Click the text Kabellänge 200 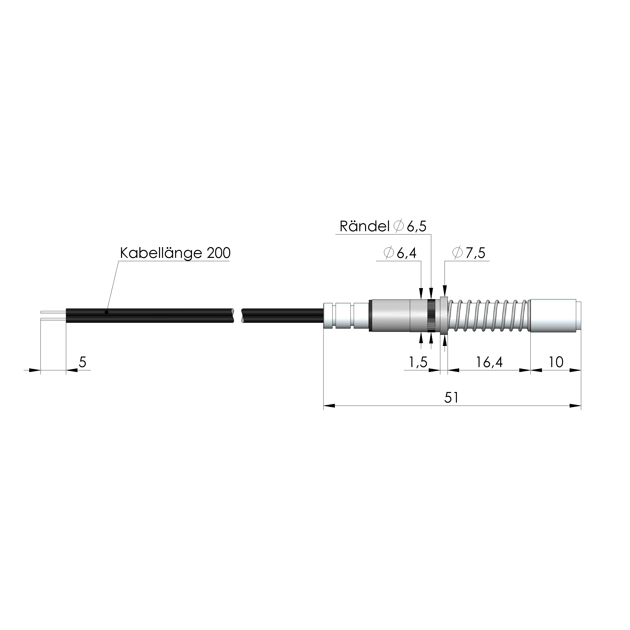175,253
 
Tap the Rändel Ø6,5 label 383,226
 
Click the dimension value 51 452,398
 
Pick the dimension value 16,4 489,362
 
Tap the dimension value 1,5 418,362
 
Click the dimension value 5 83,362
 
